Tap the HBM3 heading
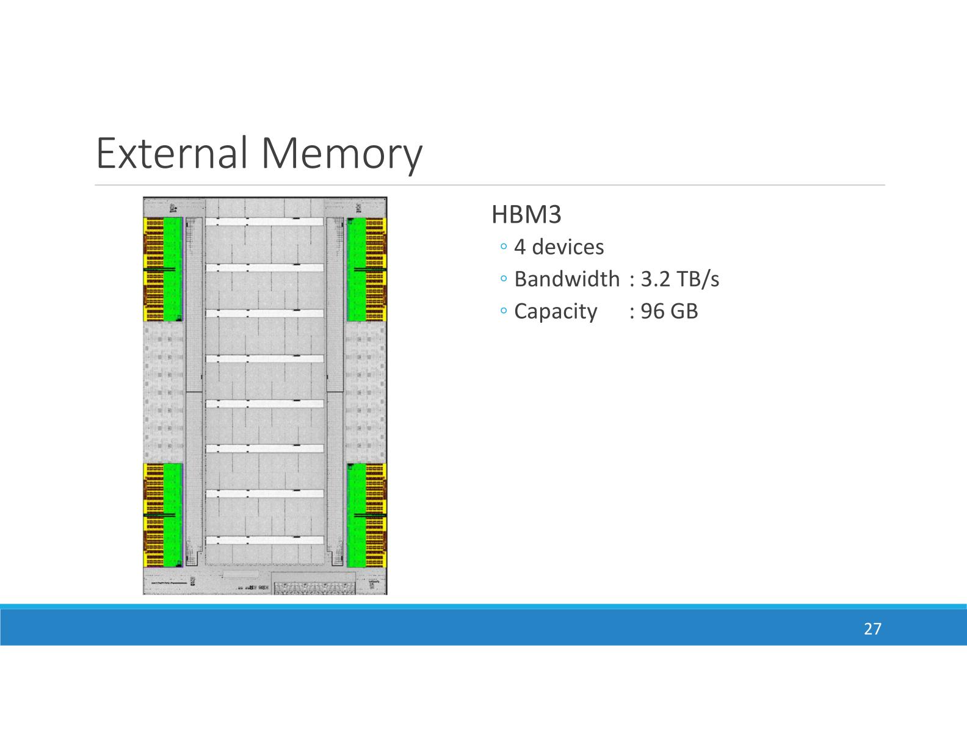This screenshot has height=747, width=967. (x=526, y=215)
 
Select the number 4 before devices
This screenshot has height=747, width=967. (x=520, y=247)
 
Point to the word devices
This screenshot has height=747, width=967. (x=568, y=247)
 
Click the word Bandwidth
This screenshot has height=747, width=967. (x=567, y=279)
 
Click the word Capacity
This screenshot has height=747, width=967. (x=556, y=311)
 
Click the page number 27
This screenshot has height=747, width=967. (x=872, y=629)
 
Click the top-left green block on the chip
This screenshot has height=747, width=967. (x=173, y=269)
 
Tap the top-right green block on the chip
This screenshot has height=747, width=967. (x=357, y=269)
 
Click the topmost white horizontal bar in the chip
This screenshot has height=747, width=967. (x=264, y=222)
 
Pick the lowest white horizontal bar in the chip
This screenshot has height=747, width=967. (x=264, y=540)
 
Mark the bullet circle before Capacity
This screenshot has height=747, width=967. (x=503, y=311)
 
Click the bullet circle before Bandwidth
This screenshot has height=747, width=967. (x=503, y=279)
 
